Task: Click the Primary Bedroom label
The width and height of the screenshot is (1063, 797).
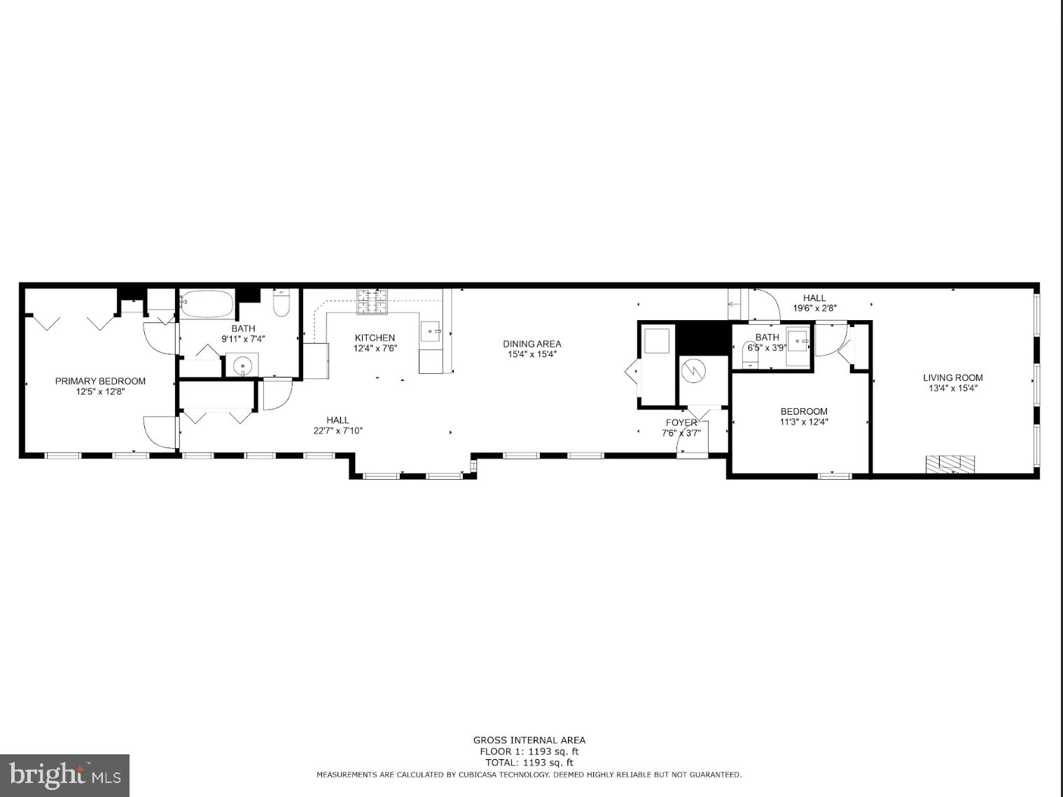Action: pos(100,381)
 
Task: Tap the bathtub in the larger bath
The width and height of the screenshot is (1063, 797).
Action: pos(207,304)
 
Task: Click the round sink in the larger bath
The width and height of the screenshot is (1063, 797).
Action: pos(242,365)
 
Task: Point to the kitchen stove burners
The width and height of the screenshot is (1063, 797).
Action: pos(372,301)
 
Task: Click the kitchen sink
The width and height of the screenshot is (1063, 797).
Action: pos(431,331)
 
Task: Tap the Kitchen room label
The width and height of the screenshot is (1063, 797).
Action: pos(375,338)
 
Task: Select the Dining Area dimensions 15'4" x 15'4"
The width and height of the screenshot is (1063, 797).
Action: pos(532,354)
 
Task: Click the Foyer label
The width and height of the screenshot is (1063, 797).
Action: pos(681,422)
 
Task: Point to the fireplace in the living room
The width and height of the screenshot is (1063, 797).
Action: pos(950,464)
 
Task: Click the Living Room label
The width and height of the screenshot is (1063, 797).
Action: pos(952,377)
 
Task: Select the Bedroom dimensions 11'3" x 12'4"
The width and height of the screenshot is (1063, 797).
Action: pos(804,422)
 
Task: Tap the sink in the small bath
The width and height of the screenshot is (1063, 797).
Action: pos(798,342)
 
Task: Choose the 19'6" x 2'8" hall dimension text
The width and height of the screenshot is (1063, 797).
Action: pos(814,308)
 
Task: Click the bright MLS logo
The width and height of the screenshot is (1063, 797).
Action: pos(64,775)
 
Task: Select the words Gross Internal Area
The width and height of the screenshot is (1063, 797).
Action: pos(529,740)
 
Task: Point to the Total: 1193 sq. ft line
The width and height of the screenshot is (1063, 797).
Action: pos(529,763)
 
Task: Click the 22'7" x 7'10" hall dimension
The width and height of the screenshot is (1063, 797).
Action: pos(338,431)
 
